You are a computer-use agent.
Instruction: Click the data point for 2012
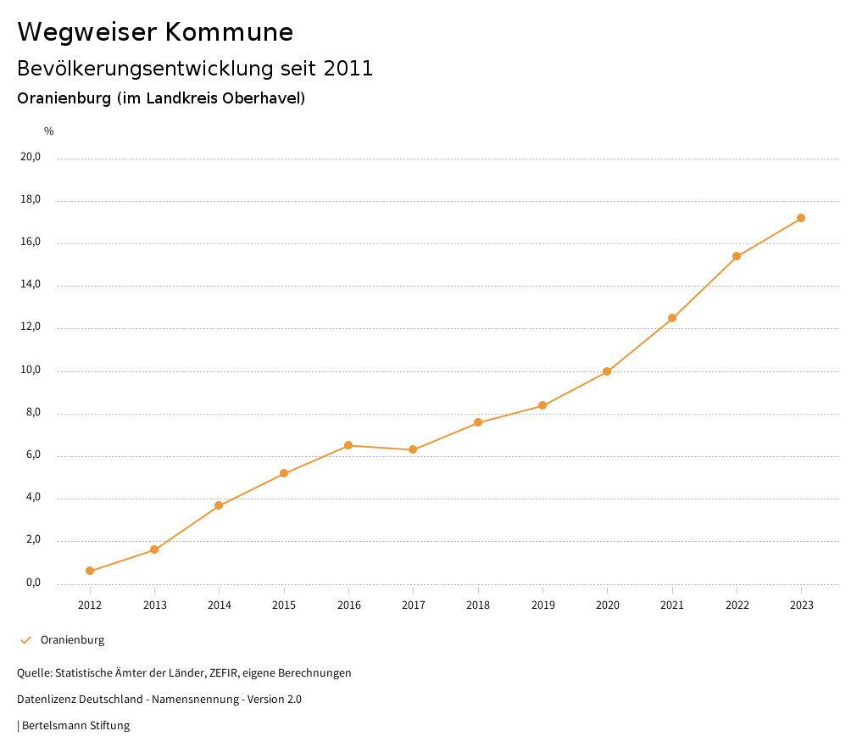(x=90, y=571)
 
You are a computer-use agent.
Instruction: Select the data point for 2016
(x=348, y=445)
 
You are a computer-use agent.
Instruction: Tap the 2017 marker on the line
(x=413, y=449)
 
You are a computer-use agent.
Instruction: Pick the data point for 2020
(x=607, y=371)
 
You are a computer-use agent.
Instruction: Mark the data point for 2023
(x=801, y=218)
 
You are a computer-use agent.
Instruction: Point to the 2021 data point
(x=672, y=318)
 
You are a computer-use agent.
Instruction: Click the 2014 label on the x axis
(x=220, y=605)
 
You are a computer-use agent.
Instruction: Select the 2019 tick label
(x=542, y=605)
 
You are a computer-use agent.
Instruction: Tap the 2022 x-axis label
(x=737, y=605)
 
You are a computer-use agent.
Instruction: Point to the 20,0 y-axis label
(x=31, y=157)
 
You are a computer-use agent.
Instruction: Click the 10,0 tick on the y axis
(x=31, y=370)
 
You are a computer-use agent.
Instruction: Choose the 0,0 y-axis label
(x=33, y=583)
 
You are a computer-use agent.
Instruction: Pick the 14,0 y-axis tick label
(x=31, y=284)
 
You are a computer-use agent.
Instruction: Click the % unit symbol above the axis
(x=49, y=131)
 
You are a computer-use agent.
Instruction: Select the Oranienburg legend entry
(x=72, y=639)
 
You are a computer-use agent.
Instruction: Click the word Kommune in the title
(x=229, y=32)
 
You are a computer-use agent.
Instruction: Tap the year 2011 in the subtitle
(x=348, y=68)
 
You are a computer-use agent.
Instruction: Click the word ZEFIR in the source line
(x=222, y=672)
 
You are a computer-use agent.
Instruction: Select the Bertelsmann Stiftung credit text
(x=75, y=725)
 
